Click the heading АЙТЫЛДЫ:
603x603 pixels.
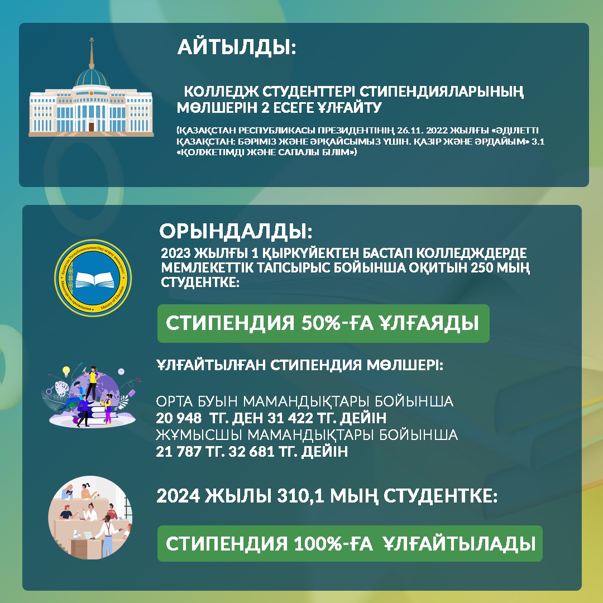[237, 47]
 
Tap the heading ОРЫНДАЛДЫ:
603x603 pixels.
[236, 231]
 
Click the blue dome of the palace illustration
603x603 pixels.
[92, 77]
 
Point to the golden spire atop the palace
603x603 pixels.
[92, 53]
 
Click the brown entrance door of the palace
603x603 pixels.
[92, 127]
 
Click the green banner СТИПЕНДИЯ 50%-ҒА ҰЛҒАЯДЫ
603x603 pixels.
[323, 323]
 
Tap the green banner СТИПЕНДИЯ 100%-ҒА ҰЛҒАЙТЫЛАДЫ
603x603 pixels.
[350, 543]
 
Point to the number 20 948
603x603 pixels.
[179, 418]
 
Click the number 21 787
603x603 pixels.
[179, 451]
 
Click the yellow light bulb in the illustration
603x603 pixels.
[66, 371]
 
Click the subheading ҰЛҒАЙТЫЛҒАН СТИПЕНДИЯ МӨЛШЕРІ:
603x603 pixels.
[300, 365]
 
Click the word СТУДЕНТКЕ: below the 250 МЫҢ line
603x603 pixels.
[200, 282]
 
